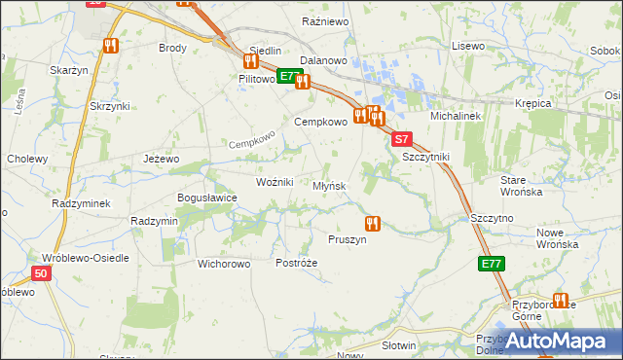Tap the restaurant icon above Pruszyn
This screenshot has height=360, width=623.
[x=371, y=223]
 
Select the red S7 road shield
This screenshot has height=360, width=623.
[x=403, y=140]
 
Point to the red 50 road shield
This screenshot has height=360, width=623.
[x=40, y=275]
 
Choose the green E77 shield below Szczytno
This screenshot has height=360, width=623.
[x=491, y=264]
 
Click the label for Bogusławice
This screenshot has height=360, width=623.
[x=206, y=198]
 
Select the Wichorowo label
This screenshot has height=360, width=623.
[x=225, y=264]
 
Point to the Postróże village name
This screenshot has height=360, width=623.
[x=297, y=264]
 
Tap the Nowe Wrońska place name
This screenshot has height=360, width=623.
[x=558, y=237]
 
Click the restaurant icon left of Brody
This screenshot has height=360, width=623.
[x=111, y=46]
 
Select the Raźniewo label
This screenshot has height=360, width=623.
[x=325, y=20]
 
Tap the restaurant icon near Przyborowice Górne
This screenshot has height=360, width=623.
[x=560, y=301]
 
